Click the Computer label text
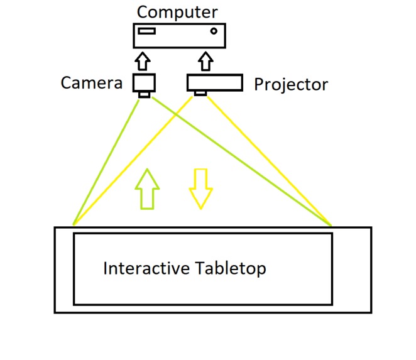click(177, 11)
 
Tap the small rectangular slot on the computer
click(147, 31)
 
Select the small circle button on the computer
click(214, 31)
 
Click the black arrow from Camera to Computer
click(143, 62)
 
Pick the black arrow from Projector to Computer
click(205, 62)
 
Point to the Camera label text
click(91, 83)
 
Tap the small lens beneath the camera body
click(145, 95)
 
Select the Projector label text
click(290, 84)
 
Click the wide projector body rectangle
click(214, 83)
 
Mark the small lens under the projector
click(200, 94)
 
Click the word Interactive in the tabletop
click(146, 268)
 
